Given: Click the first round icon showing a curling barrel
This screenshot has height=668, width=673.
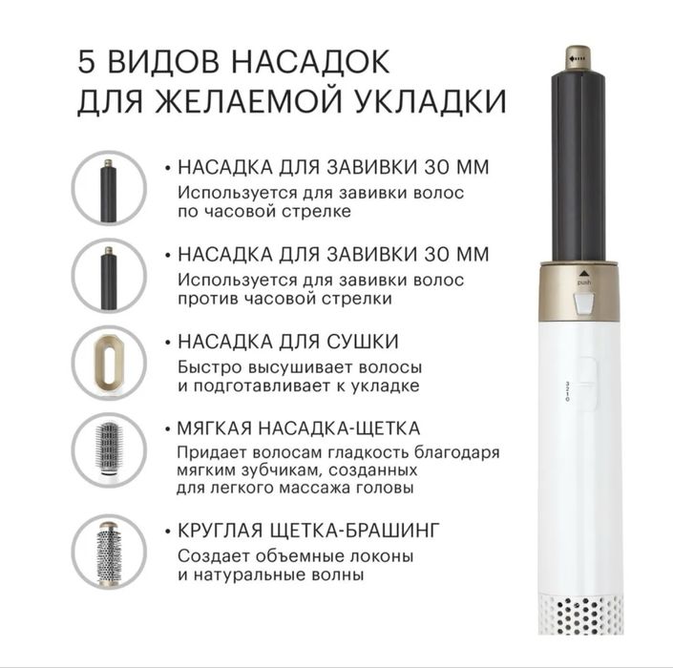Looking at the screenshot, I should point(109,188).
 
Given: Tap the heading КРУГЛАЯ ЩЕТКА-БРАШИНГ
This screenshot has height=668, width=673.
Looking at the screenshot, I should point(307,529).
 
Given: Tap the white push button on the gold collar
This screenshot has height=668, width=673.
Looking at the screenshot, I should point(583,304).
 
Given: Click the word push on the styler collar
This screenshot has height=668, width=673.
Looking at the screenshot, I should point(583,283).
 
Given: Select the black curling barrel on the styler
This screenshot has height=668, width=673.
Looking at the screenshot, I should point(578,162).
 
